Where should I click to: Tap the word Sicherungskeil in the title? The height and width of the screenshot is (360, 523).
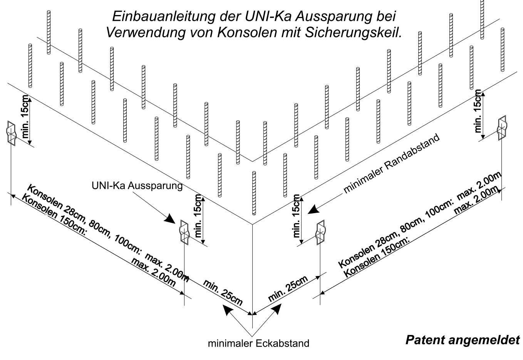coord(354,33)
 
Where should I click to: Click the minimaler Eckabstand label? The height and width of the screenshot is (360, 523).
coord(258,343)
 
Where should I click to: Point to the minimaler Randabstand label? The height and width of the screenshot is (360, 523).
coord(392,163)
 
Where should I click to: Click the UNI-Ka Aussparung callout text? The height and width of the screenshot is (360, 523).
coord(137,186)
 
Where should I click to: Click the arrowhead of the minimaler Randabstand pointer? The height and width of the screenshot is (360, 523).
coord(313,209)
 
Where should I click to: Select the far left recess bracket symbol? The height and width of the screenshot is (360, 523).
coord(11,134)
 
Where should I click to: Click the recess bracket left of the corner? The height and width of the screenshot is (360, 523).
coord(184,232)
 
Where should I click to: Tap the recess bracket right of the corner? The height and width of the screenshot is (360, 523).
coord(320,232)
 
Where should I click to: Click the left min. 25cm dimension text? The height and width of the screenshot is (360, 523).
coord(223,292)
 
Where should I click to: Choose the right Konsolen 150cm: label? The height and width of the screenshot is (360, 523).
coord(376,258)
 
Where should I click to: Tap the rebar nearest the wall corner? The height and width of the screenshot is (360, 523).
coord(254,193)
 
